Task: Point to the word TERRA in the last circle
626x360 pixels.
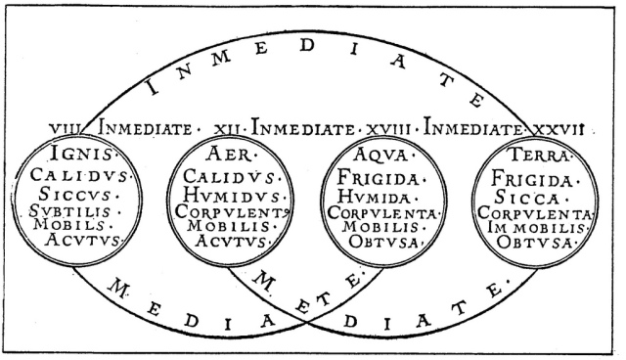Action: [539, 156]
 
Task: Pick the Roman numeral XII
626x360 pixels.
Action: [228, 127]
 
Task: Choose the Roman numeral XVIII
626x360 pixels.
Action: [390, 127]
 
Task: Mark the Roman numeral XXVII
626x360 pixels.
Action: [557, 127]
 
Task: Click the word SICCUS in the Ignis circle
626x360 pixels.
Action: [81, 193]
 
